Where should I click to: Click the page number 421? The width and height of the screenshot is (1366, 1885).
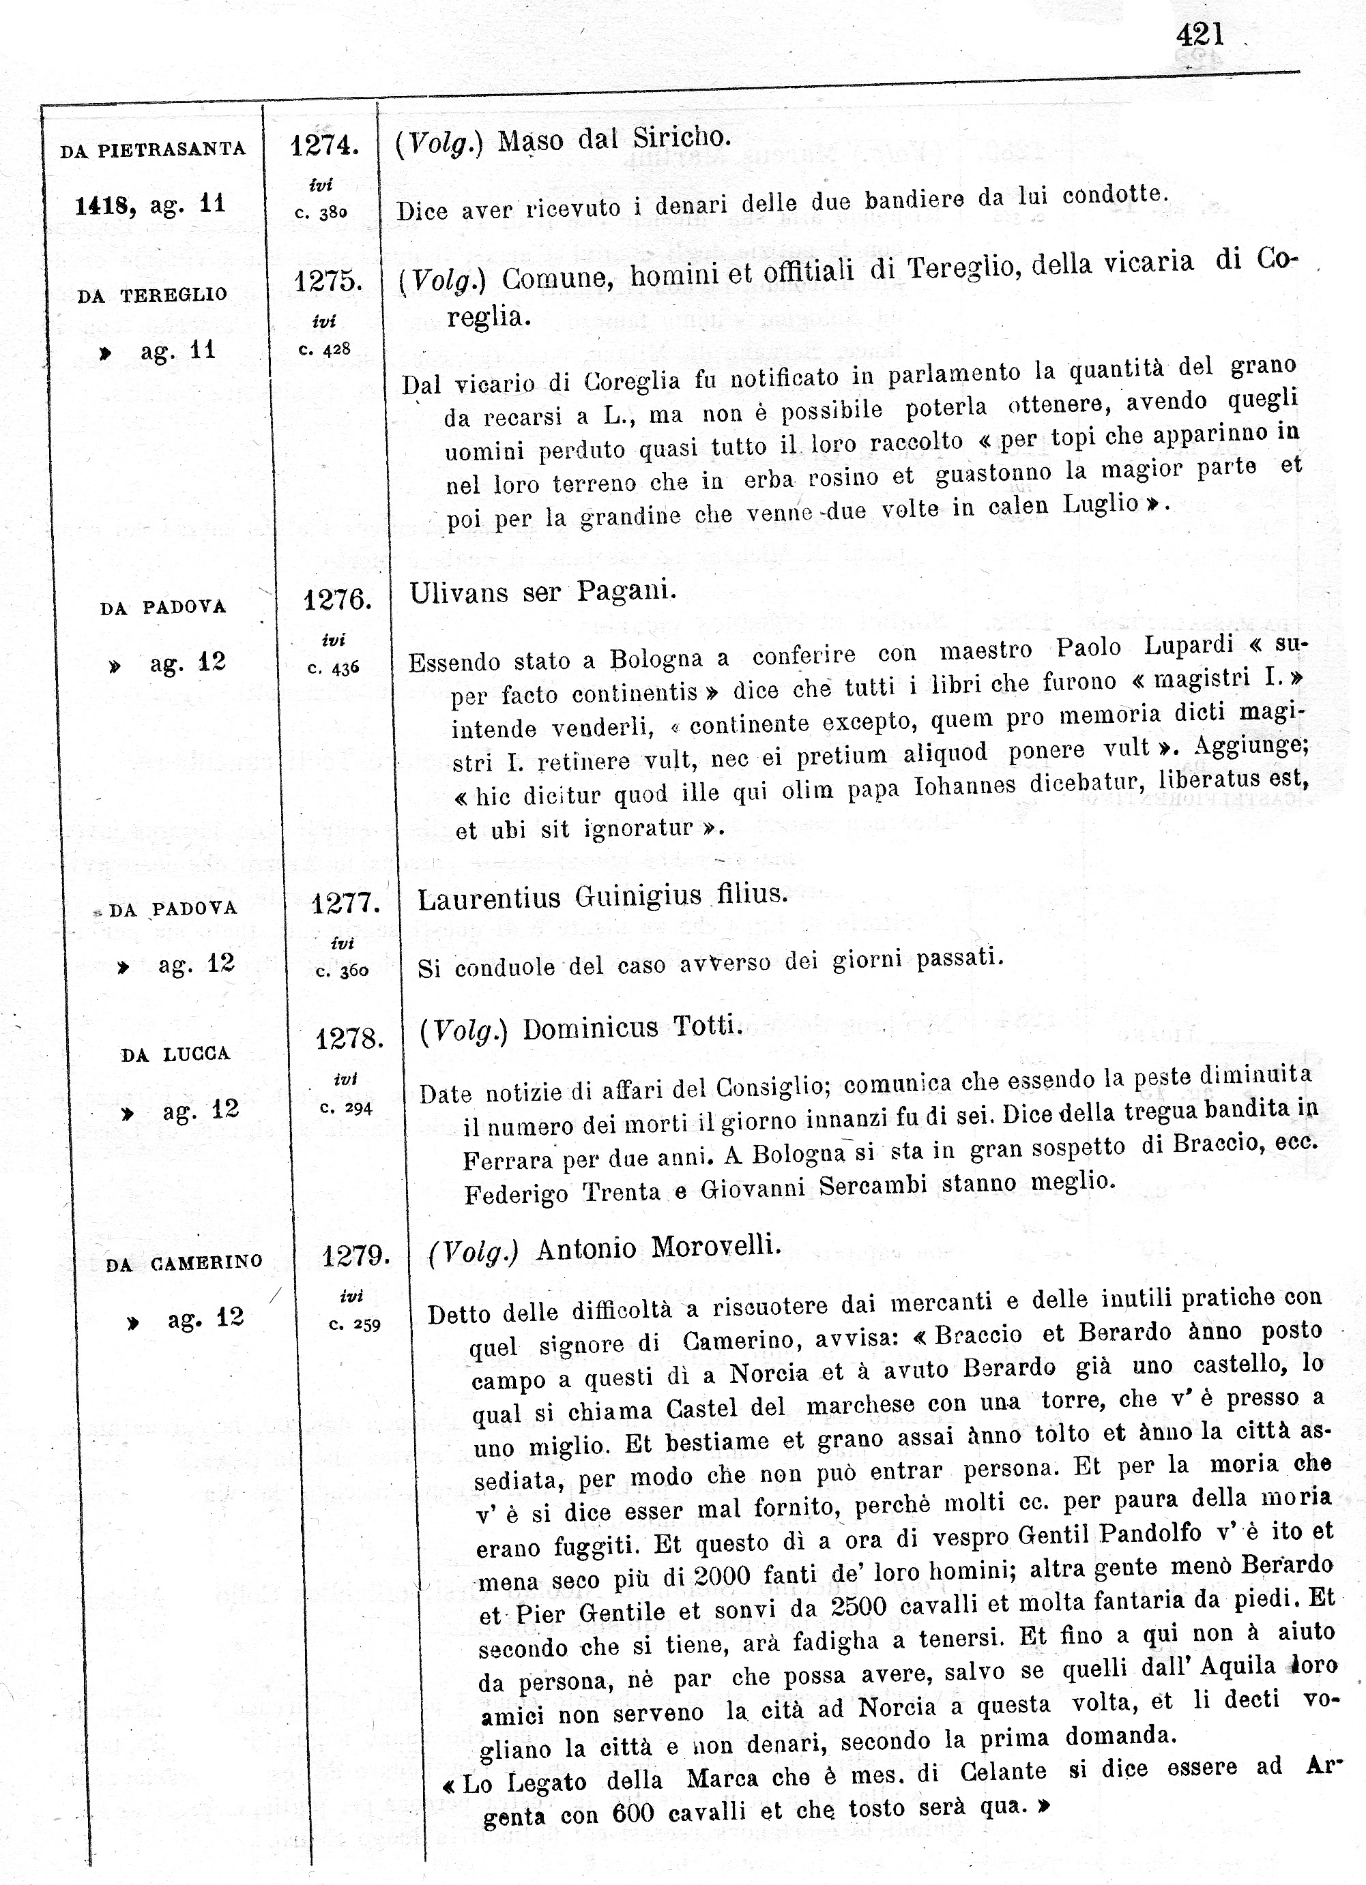1200,34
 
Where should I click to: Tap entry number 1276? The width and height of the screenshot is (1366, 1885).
336,600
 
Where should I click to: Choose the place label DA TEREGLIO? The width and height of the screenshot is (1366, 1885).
152,296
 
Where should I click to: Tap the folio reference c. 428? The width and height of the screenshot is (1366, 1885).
325,350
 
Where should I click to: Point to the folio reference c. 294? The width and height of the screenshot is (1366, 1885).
346,1108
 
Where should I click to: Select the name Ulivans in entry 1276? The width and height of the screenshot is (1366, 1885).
458,593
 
